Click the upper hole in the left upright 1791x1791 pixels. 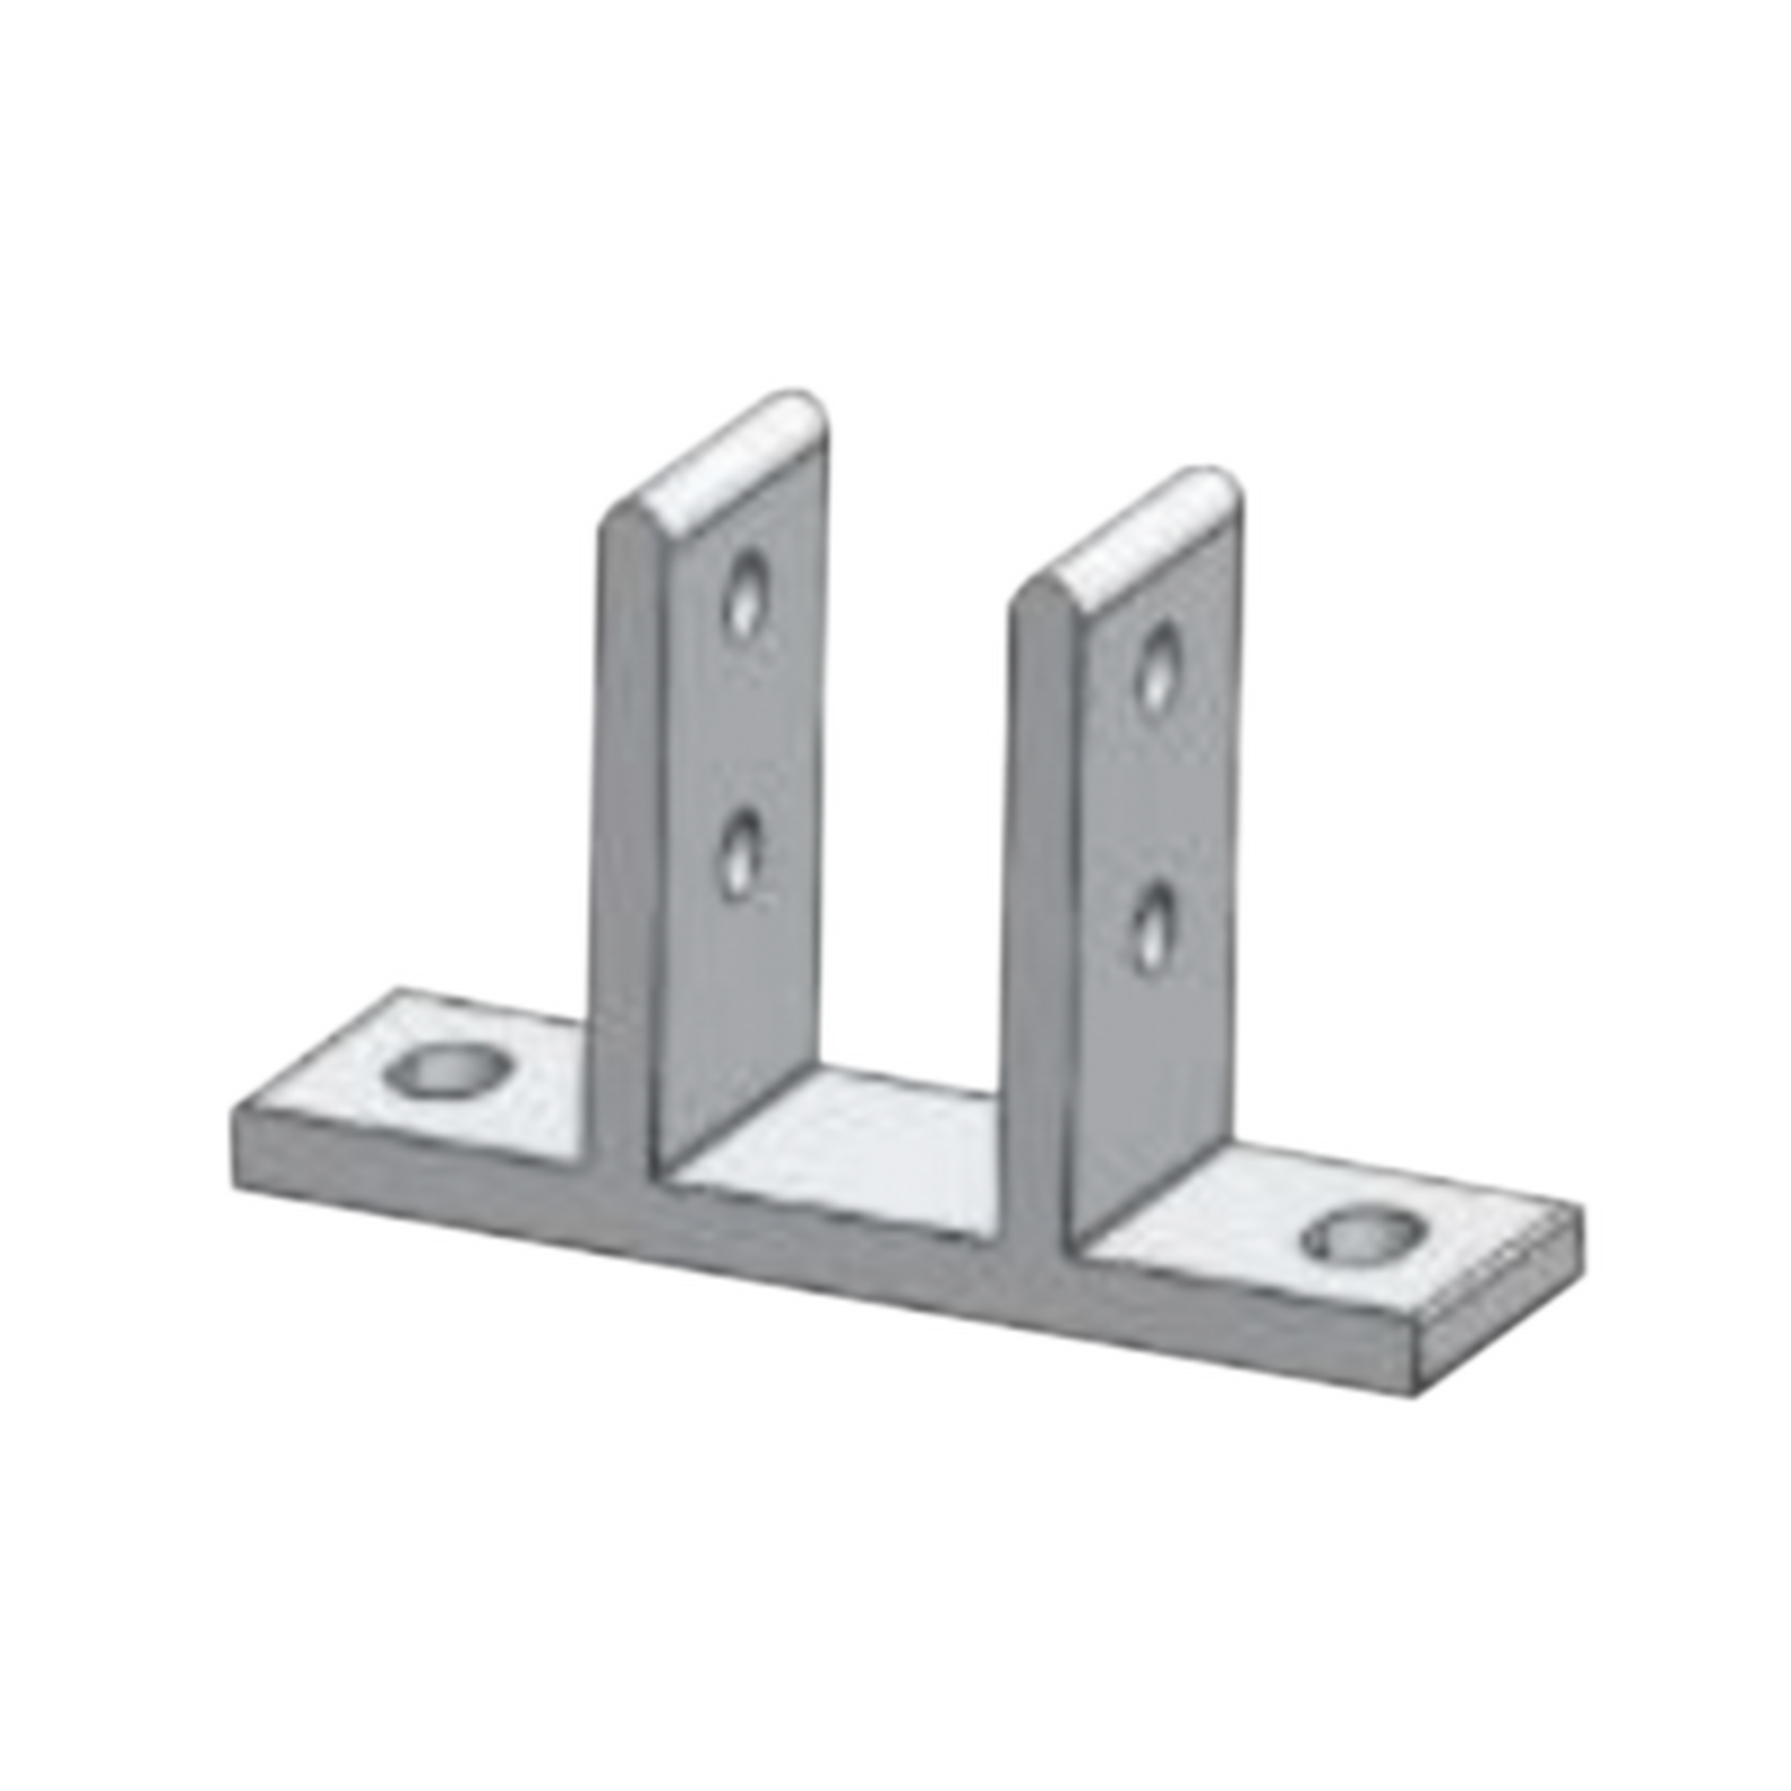click(x=746, y=594)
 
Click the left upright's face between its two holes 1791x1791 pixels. click(x=741, y=723)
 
